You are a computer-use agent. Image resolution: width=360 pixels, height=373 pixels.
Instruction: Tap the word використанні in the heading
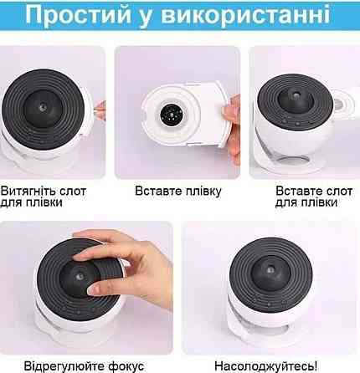click(245, 13)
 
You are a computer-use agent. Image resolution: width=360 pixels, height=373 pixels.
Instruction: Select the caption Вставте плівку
click(178, 191)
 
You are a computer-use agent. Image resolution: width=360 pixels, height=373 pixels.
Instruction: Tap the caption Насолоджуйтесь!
click(265, 366)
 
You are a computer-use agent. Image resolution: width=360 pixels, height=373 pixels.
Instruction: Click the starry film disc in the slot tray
click(171, 115)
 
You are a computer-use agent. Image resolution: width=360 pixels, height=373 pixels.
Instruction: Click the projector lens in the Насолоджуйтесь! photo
click(270, 270)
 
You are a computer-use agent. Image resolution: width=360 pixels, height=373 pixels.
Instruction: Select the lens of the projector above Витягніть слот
click(43, 107)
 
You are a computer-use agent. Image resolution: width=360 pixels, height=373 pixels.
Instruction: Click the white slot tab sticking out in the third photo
click(344, 103)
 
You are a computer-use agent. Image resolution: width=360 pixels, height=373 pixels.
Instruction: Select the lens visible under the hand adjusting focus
click(80, 277)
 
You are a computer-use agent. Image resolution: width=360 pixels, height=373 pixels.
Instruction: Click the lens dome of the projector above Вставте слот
click(294, 99)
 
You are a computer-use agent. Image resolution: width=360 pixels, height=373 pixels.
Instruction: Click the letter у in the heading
click(146, 16)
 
